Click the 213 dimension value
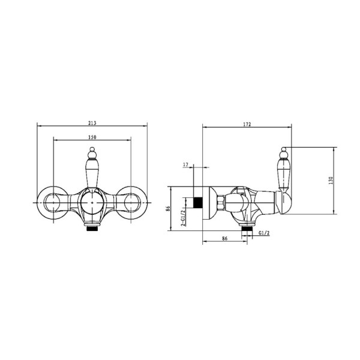coord(92,123)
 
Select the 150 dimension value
coord(92,137)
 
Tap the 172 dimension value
coord(247,124)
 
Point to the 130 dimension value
coord(331,181)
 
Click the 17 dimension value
coord(185,164)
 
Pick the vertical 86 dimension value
coord(168,208)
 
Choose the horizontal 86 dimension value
coord(224,239)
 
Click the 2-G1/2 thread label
coord(183,218)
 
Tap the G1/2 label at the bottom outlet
coord(264,233)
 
